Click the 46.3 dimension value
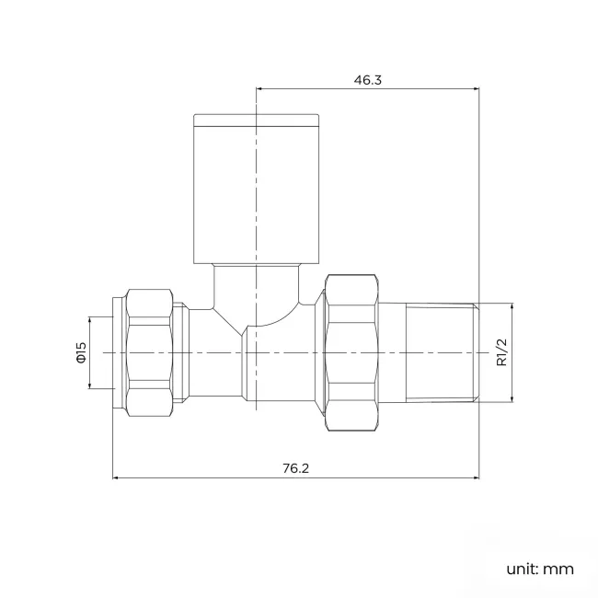[x=367, y=80]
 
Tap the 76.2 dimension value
[x=295, y=468]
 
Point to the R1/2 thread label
[x=501, y=352]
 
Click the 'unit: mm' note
[x=539, y=569]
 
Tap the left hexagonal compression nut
[x=149, y=352]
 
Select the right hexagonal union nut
[x=352, y=352]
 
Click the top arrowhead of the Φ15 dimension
[x=90, y=318]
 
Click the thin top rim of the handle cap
[x=257, y=118]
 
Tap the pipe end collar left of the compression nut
[x=118, y=352]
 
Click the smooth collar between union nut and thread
[x=392, y=352]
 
